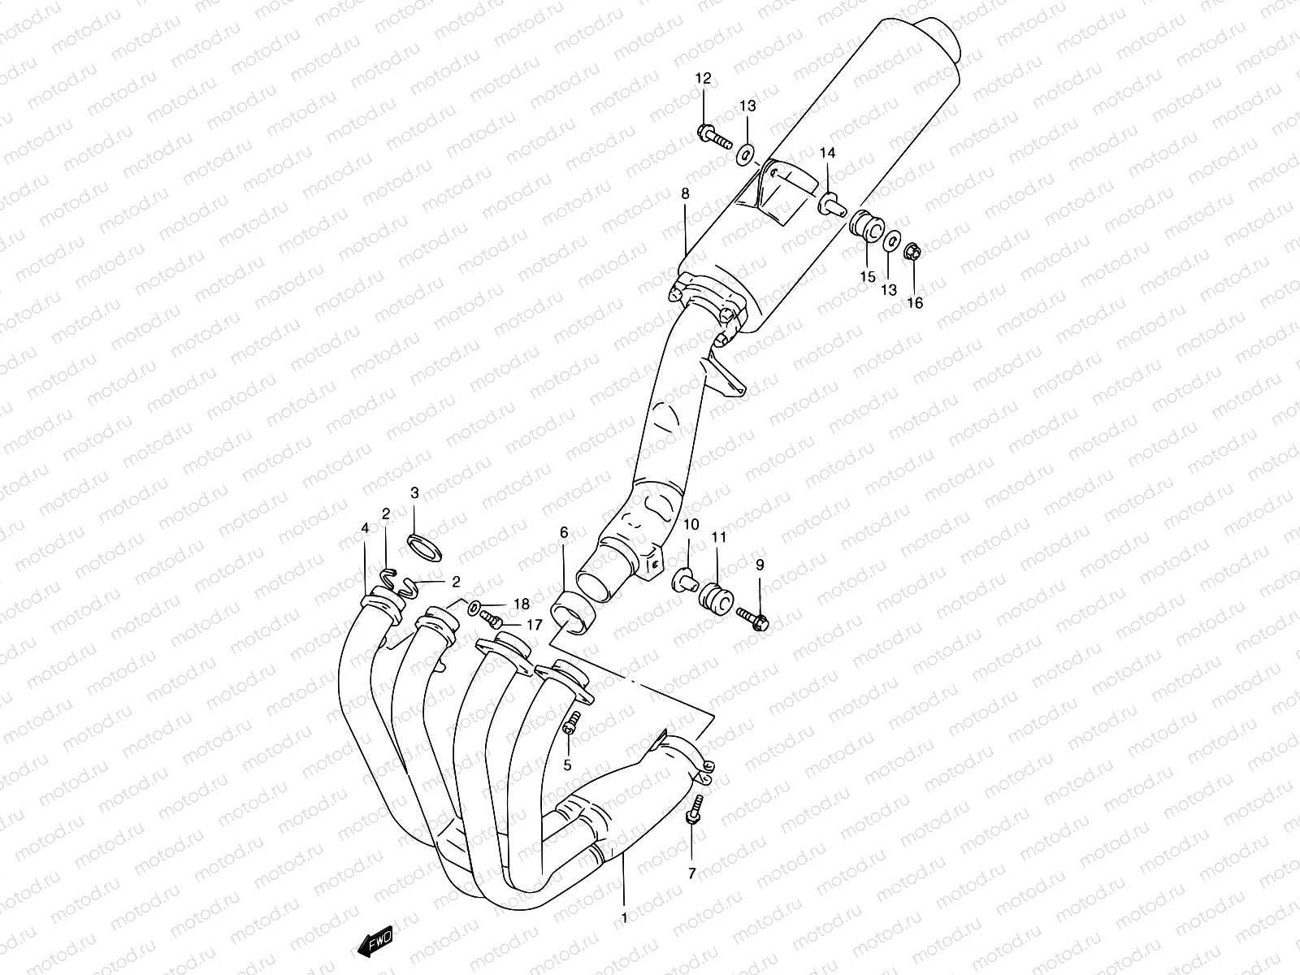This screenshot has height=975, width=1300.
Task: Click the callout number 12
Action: coord(703,79)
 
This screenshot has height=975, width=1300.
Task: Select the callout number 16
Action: coord(915,303)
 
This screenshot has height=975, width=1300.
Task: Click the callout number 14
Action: coord(827,154)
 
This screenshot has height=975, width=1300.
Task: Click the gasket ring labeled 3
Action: coord(424,548)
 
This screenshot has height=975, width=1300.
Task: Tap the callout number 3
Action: coord(414,492)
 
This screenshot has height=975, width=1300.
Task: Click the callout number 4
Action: coord(365,528)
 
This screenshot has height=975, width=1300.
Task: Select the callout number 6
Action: coord(564,533)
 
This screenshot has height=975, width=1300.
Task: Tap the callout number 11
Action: coord(718,538)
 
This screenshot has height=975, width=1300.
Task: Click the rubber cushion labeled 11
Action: coord(716,600)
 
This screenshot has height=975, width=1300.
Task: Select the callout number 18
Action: coord(521,604)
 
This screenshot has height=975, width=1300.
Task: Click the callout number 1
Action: coord(624,919)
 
